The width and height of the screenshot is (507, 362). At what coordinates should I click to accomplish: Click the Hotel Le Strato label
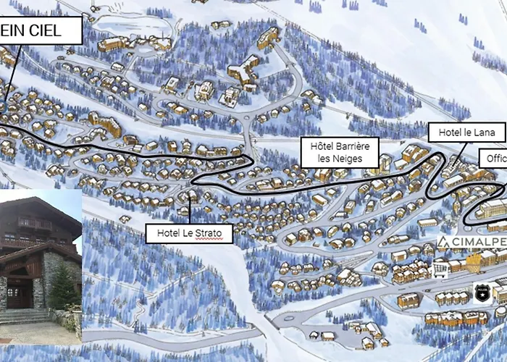click(189, 233)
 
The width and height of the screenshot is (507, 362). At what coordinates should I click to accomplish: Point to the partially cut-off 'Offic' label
click(494, 158)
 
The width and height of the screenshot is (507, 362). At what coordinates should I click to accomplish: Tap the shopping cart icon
click(439, 270)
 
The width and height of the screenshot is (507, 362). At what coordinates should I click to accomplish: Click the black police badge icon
click(483, 292)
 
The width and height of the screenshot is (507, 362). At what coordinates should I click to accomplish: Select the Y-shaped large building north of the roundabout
click(243, 69)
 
